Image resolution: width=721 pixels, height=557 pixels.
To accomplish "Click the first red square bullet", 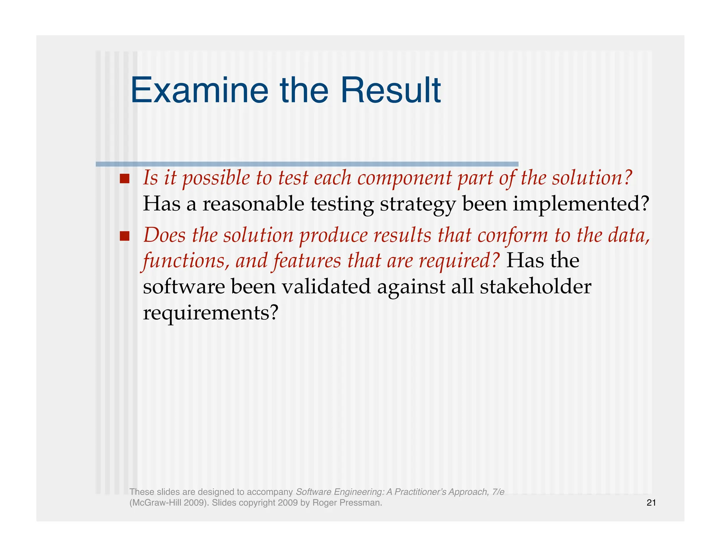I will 125,179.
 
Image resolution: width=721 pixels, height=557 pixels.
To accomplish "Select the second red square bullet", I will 125,236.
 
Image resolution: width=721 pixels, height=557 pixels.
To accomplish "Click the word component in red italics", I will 404,178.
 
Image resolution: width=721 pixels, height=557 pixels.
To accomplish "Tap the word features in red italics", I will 307,261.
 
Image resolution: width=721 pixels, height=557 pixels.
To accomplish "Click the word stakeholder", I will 535,287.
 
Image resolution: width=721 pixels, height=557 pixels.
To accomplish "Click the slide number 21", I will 651,503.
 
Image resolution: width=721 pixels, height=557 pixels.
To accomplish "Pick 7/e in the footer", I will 498,492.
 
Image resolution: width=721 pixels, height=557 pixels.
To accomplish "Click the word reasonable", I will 253,204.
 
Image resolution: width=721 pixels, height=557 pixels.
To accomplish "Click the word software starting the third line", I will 184,287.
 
